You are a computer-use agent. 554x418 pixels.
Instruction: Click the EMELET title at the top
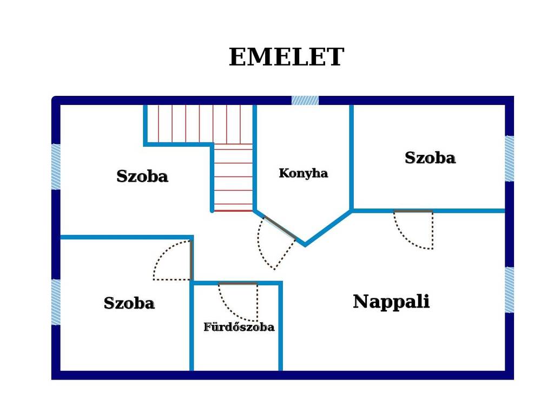point(287,57)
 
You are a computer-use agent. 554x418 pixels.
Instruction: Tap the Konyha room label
point(303,173)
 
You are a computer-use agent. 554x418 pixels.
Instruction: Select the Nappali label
point(391,302)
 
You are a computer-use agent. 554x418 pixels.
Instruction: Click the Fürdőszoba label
point(239,326)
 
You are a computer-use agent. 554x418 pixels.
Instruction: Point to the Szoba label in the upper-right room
point(430,158)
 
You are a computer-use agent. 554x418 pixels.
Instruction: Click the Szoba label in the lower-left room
point(129,303)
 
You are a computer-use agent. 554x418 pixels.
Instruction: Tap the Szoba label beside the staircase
point(142,176)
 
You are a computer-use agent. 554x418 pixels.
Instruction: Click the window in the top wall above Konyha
point(305,100)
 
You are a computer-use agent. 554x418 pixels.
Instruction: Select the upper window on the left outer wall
point(56,167)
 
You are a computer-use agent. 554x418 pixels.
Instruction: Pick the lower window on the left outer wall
point(56,302)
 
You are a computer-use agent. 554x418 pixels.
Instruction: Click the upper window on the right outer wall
point(509,159)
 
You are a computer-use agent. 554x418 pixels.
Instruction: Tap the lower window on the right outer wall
point(509,290)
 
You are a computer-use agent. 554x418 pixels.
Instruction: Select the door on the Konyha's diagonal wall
point(280,228)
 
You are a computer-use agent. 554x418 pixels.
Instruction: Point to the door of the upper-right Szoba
point(413,212)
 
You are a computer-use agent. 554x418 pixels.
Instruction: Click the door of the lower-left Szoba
point(191,260)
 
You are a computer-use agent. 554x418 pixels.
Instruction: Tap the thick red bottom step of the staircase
point(234,211)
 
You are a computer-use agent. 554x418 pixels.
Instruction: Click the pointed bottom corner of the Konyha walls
point(305,244)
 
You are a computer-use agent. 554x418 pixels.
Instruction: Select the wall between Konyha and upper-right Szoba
point(352,158)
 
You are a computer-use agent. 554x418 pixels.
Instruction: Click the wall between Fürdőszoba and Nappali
point(281,326)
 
